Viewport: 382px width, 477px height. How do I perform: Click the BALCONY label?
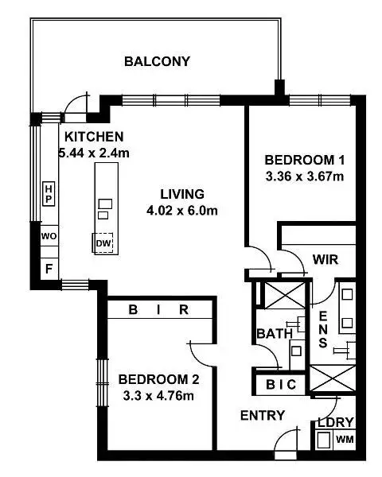tap(157, 62)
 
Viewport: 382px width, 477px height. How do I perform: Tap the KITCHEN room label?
tap(94, 136)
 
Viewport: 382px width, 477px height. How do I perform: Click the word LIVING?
tap(182, 194)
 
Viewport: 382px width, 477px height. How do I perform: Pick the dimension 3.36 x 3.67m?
tap(304, 176)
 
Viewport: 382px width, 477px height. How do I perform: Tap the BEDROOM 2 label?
tap(153, 379)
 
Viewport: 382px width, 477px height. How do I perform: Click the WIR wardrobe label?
tap(325, 259)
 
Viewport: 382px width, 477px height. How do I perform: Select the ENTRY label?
tap(261, 416)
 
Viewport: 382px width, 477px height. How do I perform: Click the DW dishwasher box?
tap(103, 243)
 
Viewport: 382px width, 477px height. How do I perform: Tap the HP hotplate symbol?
tap(49, 192)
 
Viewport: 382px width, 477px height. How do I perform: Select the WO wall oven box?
tap(49, 237)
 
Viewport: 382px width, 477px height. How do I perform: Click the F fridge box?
tap(49, 269)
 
